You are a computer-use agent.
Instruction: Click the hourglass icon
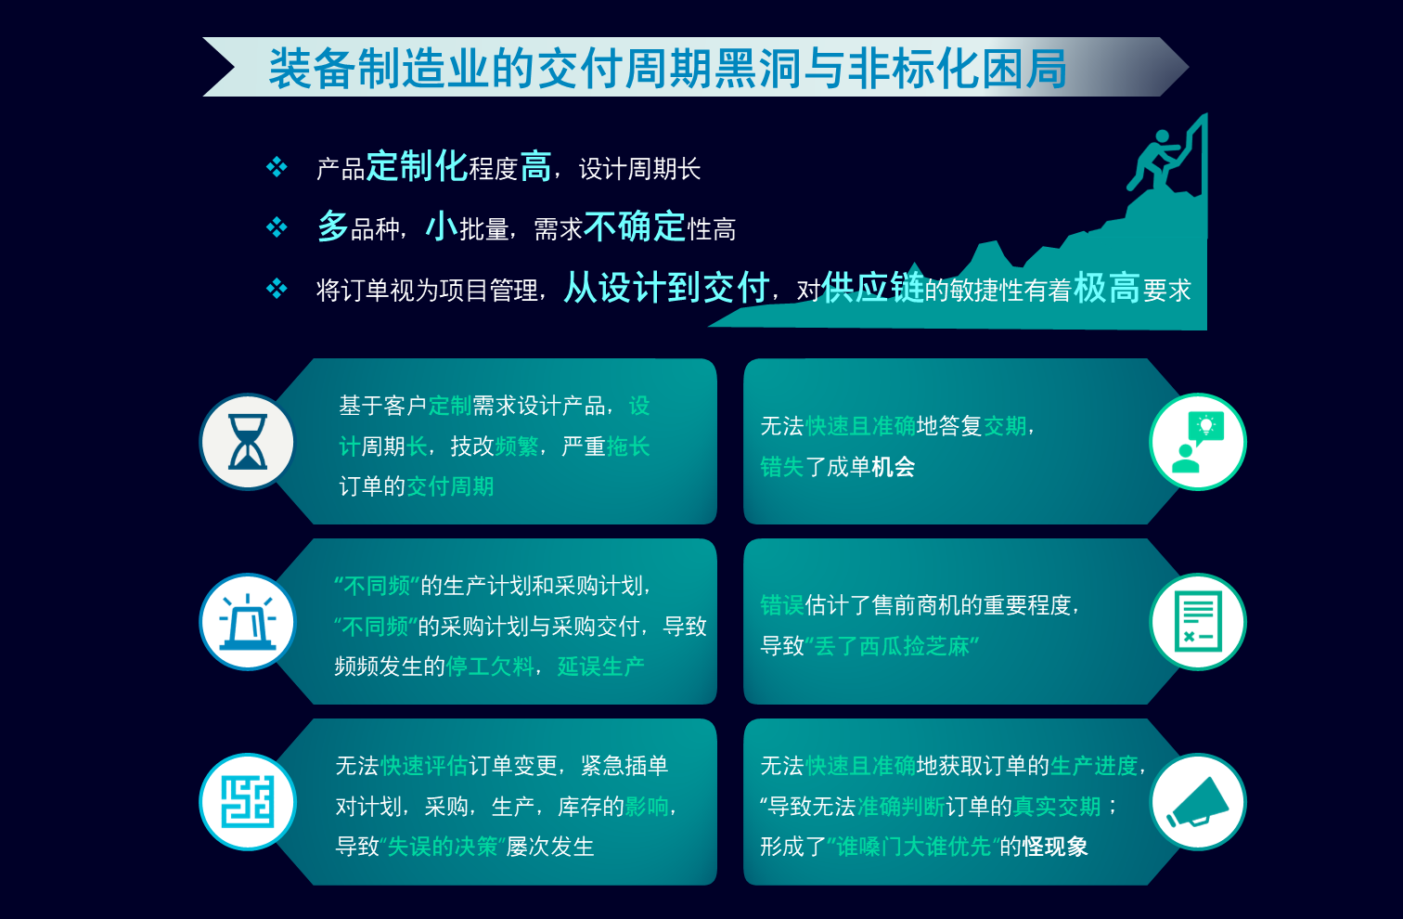tap(248, 442)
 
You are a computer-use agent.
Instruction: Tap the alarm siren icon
tap(248, 622)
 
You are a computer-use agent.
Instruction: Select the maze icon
tap(248, 802)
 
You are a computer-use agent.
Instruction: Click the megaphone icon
tap(1198, 802)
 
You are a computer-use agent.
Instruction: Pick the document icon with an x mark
tap(1198, 622)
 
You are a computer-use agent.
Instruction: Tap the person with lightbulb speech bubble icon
tap(1198, 442)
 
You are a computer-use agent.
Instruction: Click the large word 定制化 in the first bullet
tap(417, 167)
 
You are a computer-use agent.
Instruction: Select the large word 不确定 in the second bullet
tap(635, 227)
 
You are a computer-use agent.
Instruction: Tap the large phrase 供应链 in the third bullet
tap(872, 288)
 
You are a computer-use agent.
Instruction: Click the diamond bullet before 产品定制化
tap(277, 167)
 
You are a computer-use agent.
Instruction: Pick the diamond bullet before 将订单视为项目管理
tap(277, 289)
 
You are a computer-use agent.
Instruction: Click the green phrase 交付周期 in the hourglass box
tap(450, 486)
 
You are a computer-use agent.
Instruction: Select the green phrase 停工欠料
tap(490, 666)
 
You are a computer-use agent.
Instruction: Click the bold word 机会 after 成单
tap(894, 467)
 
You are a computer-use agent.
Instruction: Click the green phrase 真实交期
tap(1057, 807)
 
